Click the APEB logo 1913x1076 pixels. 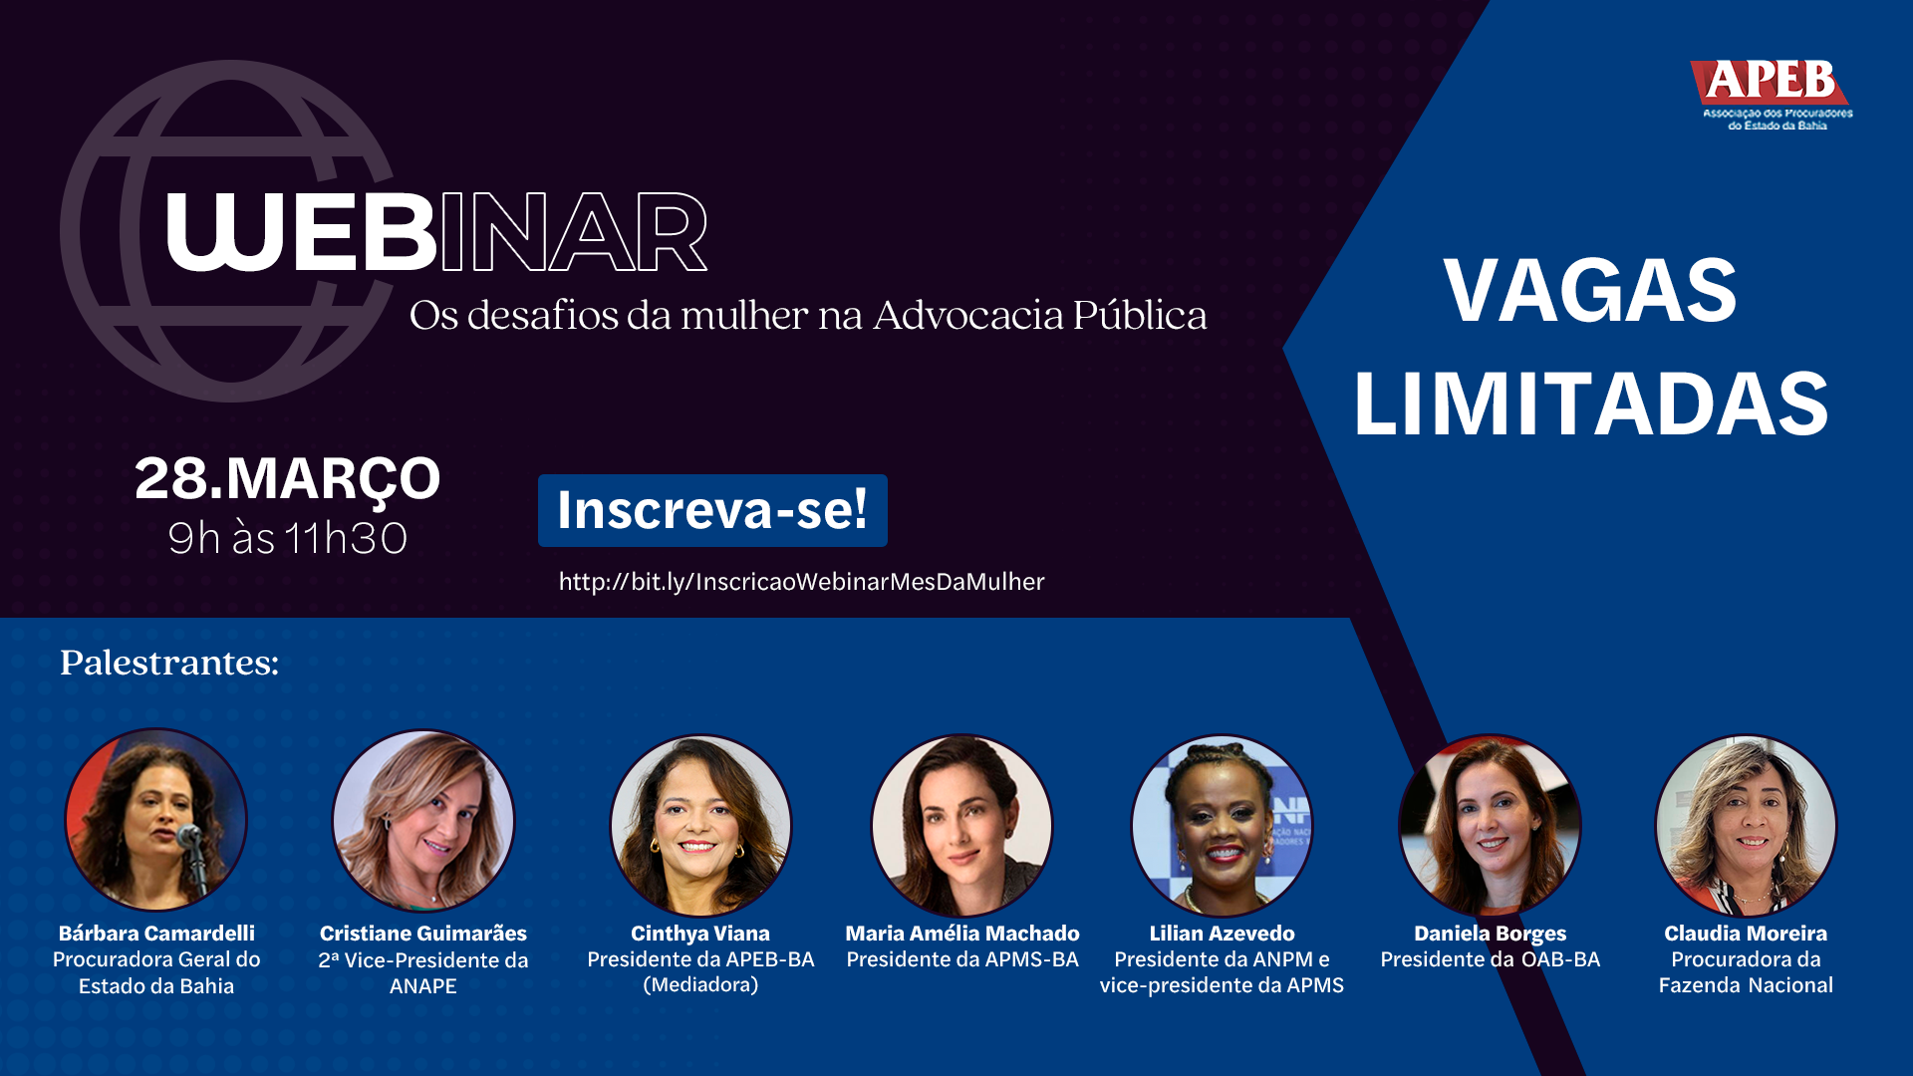[x=1772, y=95]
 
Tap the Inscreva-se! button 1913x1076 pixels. [x=712, y=510]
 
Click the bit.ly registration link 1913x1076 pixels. [x=801, y=582]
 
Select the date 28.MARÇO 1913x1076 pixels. [x=287, y=478]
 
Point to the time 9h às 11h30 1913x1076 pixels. [x=287, y=539]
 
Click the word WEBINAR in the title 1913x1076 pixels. [x=436, y=232]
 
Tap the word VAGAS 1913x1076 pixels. [x=1590, y=290]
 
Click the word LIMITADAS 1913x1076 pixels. [x=1591, y=403]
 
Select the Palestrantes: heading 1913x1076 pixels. [x=169, y=663]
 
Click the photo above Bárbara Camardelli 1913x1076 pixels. [x=156, y=819]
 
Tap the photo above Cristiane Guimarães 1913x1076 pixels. [x=423, y=820]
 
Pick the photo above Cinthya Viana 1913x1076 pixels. [x=700, y=825]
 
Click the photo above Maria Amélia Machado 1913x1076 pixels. [x=962, y=825]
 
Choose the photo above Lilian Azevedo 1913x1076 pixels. [x=1223, y=825]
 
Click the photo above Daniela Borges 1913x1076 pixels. [x=1491, y=825]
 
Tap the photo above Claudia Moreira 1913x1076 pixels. [x=1746, y=825]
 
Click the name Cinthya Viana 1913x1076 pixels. [x=700, y=934]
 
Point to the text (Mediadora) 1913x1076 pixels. [x=700, y=985]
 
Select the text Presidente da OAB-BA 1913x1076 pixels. [x=1491, y=959]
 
